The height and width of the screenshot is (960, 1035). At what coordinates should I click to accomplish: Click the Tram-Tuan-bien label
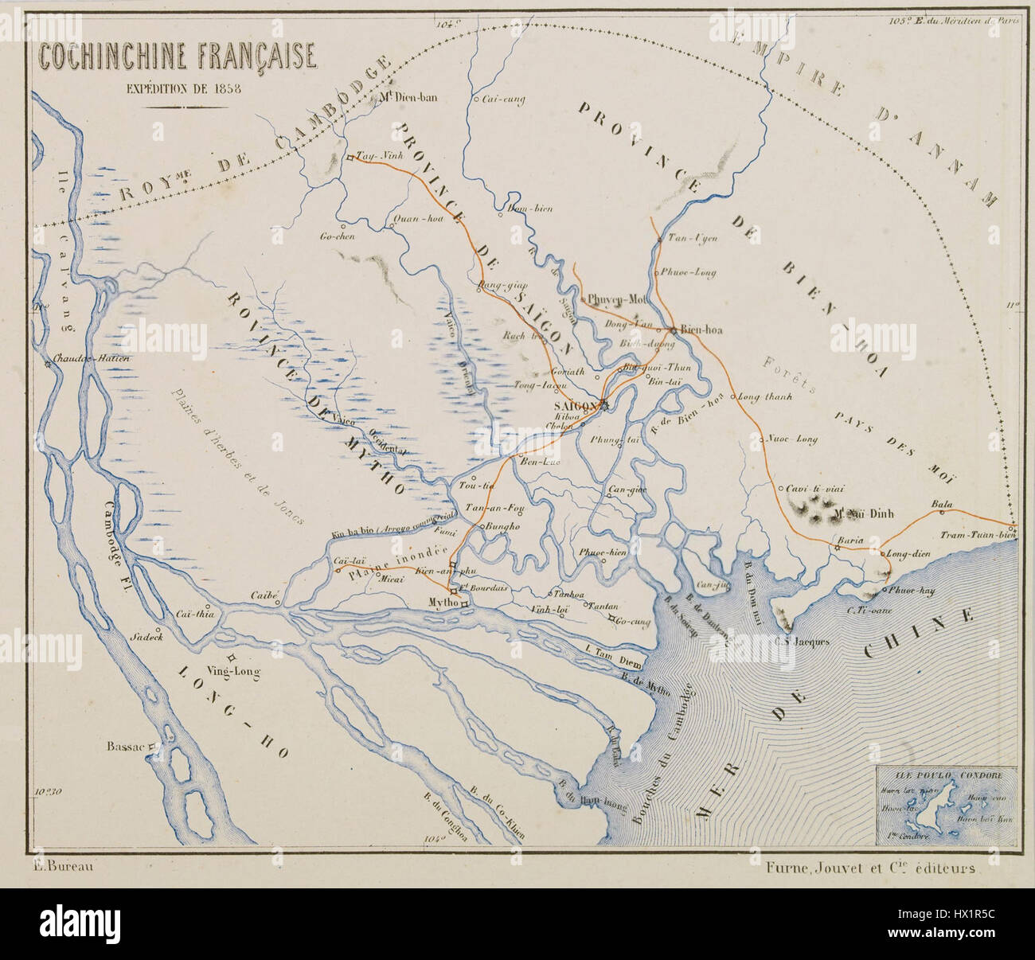click(x=984, y=535)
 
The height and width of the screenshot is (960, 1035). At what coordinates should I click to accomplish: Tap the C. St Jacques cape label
click(x=803, y=641)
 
